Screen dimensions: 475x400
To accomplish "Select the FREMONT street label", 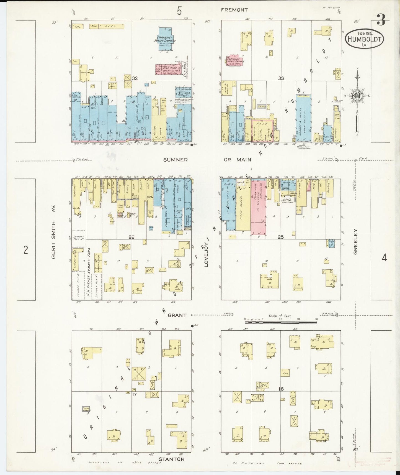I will coord(234,10).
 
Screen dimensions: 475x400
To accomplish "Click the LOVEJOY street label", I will coord(206,258).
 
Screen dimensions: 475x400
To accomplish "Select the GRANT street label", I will coord(177,315).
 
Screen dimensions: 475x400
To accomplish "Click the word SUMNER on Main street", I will coord(175,160).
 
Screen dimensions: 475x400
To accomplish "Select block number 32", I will coord(135,78).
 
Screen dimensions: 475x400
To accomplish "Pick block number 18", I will coord(281,389).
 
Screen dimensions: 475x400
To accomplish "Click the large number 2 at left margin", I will coord(26,250).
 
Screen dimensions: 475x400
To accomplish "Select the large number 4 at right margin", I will coord(384,258).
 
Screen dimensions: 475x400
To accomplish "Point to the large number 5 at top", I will coord(179,11).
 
